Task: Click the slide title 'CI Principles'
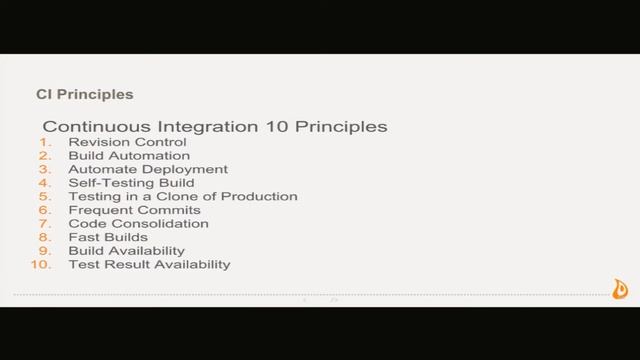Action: pyautogui.click(x=84, y=96)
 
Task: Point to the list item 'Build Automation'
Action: pyautogui.click(x=128, y=156)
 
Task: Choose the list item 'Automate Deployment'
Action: pyautogui.click(x=148, y=170)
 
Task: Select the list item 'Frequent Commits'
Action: pyautogui.click(x=134, y=211)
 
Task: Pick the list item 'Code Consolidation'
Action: pyautogui.click(x=138, y=224)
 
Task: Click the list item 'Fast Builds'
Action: pyautogui.click(x=108, y=238)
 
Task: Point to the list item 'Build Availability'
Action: pyautogui.click(x=126, y=251)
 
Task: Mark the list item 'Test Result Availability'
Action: pyautogui.click(x=149, y=265)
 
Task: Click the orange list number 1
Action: pyautogui.click(x=45, y=143)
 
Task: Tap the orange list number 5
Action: pyautogui.click(x=44, y=197)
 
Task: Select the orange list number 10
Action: pyautogui.click(x=41, y=265)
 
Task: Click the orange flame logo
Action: pyautogui.click(x=620, y=289)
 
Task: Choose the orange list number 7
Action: pyautogui.click(x=44, y=224)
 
